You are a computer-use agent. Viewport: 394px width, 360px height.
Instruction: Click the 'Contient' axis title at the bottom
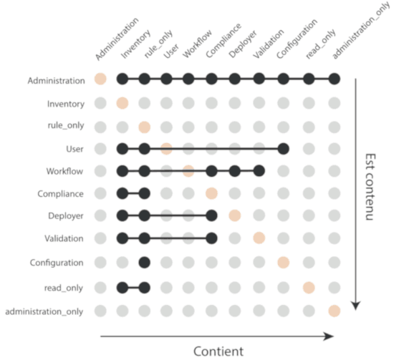pos(218,351)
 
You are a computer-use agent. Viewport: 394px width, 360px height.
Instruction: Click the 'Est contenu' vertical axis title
pos(370,187)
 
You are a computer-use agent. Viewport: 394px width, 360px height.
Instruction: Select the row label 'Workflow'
pos(64,171)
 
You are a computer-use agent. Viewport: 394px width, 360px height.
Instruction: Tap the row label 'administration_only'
pos(44,311)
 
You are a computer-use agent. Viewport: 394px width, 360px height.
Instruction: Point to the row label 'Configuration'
pos(57,263)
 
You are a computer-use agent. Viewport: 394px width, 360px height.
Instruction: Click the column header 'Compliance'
pos(224,40)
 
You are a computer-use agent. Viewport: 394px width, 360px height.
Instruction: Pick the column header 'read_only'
pos(320,44)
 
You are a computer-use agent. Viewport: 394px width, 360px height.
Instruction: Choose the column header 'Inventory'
pos(135,44)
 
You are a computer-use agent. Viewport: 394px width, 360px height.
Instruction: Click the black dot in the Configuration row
pos(145,263)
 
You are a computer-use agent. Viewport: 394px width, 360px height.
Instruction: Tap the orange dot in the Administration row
pos(100,79)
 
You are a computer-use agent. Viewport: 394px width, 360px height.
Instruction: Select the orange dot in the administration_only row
pos(335,311)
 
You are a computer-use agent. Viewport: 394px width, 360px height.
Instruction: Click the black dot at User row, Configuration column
pos(283,149)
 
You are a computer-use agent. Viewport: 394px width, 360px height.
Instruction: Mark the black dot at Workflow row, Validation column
pos(259,171)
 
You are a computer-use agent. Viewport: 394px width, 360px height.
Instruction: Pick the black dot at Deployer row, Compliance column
pos(211,215)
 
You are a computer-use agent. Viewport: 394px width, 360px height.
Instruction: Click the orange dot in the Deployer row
pos(235,215)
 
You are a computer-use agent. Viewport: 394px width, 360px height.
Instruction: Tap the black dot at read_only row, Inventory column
pos(122,288)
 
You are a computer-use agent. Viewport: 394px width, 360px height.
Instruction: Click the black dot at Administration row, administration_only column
pos(335,79)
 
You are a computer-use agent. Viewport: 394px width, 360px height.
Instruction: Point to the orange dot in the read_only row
pos(309,288)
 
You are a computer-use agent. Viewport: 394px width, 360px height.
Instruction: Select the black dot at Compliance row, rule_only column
pos(145,193)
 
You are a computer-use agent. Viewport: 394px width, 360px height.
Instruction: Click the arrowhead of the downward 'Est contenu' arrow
pos(356,306)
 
